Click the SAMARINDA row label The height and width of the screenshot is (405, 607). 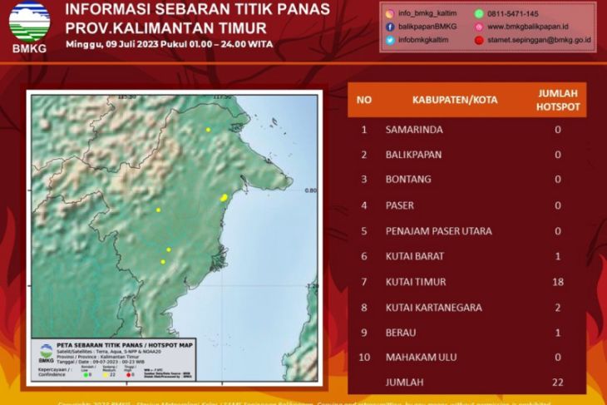414,130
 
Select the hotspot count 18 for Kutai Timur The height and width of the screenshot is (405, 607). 558,282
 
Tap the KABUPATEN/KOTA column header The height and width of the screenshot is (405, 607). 455,100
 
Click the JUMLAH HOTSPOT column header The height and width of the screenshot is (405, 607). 558,100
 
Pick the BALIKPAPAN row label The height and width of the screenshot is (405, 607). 413,155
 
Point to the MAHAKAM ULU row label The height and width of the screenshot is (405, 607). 423,358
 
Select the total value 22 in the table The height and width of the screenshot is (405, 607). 558,382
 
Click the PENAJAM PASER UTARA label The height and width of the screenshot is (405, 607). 438,231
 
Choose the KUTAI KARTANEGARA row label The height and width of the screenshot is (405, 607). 434,308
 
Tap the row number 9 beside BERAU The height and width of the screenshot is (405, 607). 364,333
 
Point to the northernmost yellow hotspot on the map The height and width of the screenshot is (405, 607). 208,130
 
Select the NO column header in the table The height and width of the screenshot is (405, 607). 364,100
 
